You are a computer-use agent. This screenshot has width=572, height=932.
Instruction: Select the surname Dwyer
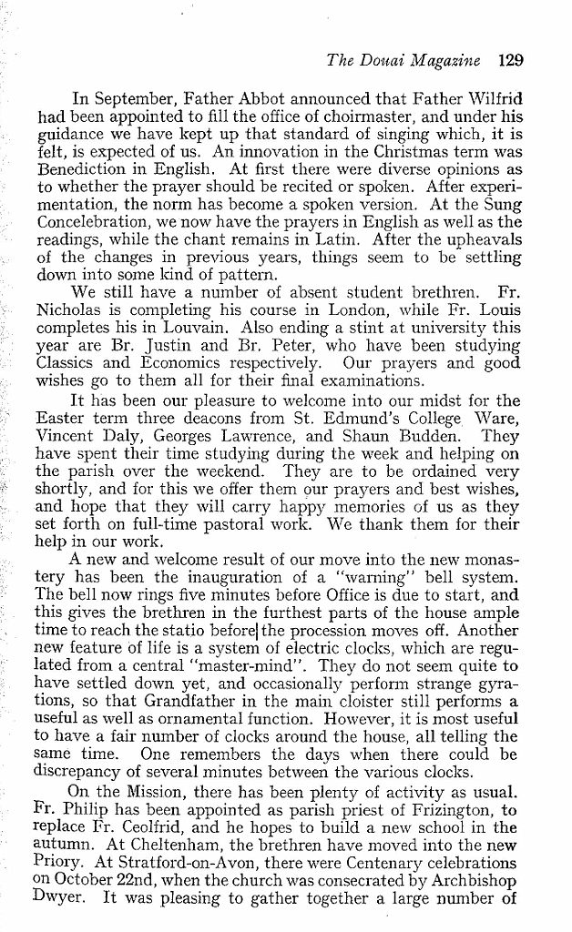(63, 907)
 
